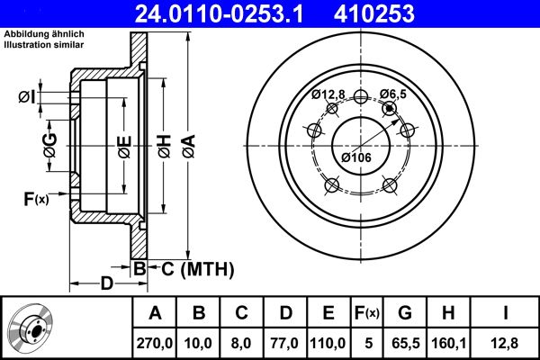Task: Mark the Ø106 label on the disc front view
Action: pyautogui.click(x=356, y=158)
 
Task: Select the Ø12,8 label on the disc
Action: pyautogui.click(x=328, y=94)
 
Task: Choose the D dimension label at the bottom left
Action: pyautogui.click(x=107, y=284)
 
